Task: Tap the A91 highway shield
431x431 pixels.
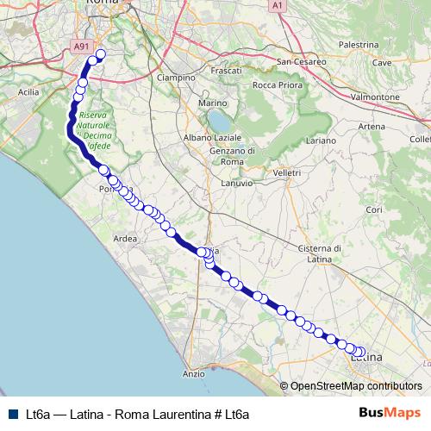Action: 80,47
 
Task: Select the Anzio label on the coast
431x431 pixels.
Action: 194,374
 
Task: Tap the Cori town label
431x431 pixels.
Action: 373,209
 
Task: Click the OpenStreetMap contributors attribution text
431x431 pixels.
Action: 355,386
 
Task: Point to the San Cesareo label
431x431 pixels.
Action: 301,62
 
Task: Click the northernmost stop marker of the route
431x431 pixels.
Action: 100,54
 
